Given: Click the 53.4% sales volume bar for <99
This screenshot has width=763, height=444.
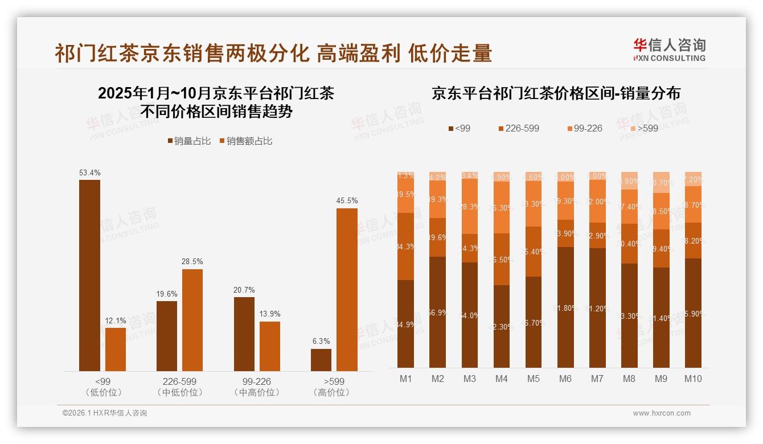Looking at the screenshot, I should [89, 276].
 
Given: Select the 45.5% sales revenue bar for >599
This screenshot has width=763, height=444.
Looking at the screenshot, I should [347, 290].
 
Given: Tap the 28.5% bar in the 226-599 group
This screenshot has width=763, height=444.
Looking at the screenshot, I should [192, 320].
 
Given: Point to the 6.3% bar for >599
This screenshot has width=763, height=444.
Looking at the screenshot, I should [321, 360].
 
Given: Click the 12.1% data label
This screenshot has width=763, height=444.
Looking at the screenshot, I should [116, 321].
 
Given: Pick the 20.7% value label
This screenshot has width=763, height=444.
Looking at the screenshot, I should [244, 290].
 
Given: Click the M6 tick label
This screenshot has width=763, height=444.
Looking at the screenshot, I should [565, 379].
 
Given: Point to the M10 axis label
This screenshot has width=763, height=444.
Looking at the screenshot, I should [692, 379].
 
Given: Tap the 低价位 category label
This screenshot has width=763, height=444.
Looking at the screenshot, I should [103, 393].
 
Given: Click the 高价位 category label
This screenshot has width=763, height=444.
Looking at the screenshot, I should [334, 393].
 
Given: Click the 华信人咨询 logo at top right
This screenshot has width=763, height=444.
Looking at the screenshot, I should [669, 50].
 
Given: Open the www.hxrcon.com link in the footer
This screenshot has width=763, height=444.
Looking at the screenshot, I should [662, 413].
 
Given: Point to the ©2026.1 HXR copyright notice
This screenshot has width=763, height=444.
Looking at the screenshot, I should [105, 413].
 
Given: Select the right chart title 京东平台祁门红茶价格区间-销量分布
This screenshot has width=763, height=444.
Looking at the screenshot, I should [556, 94].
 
